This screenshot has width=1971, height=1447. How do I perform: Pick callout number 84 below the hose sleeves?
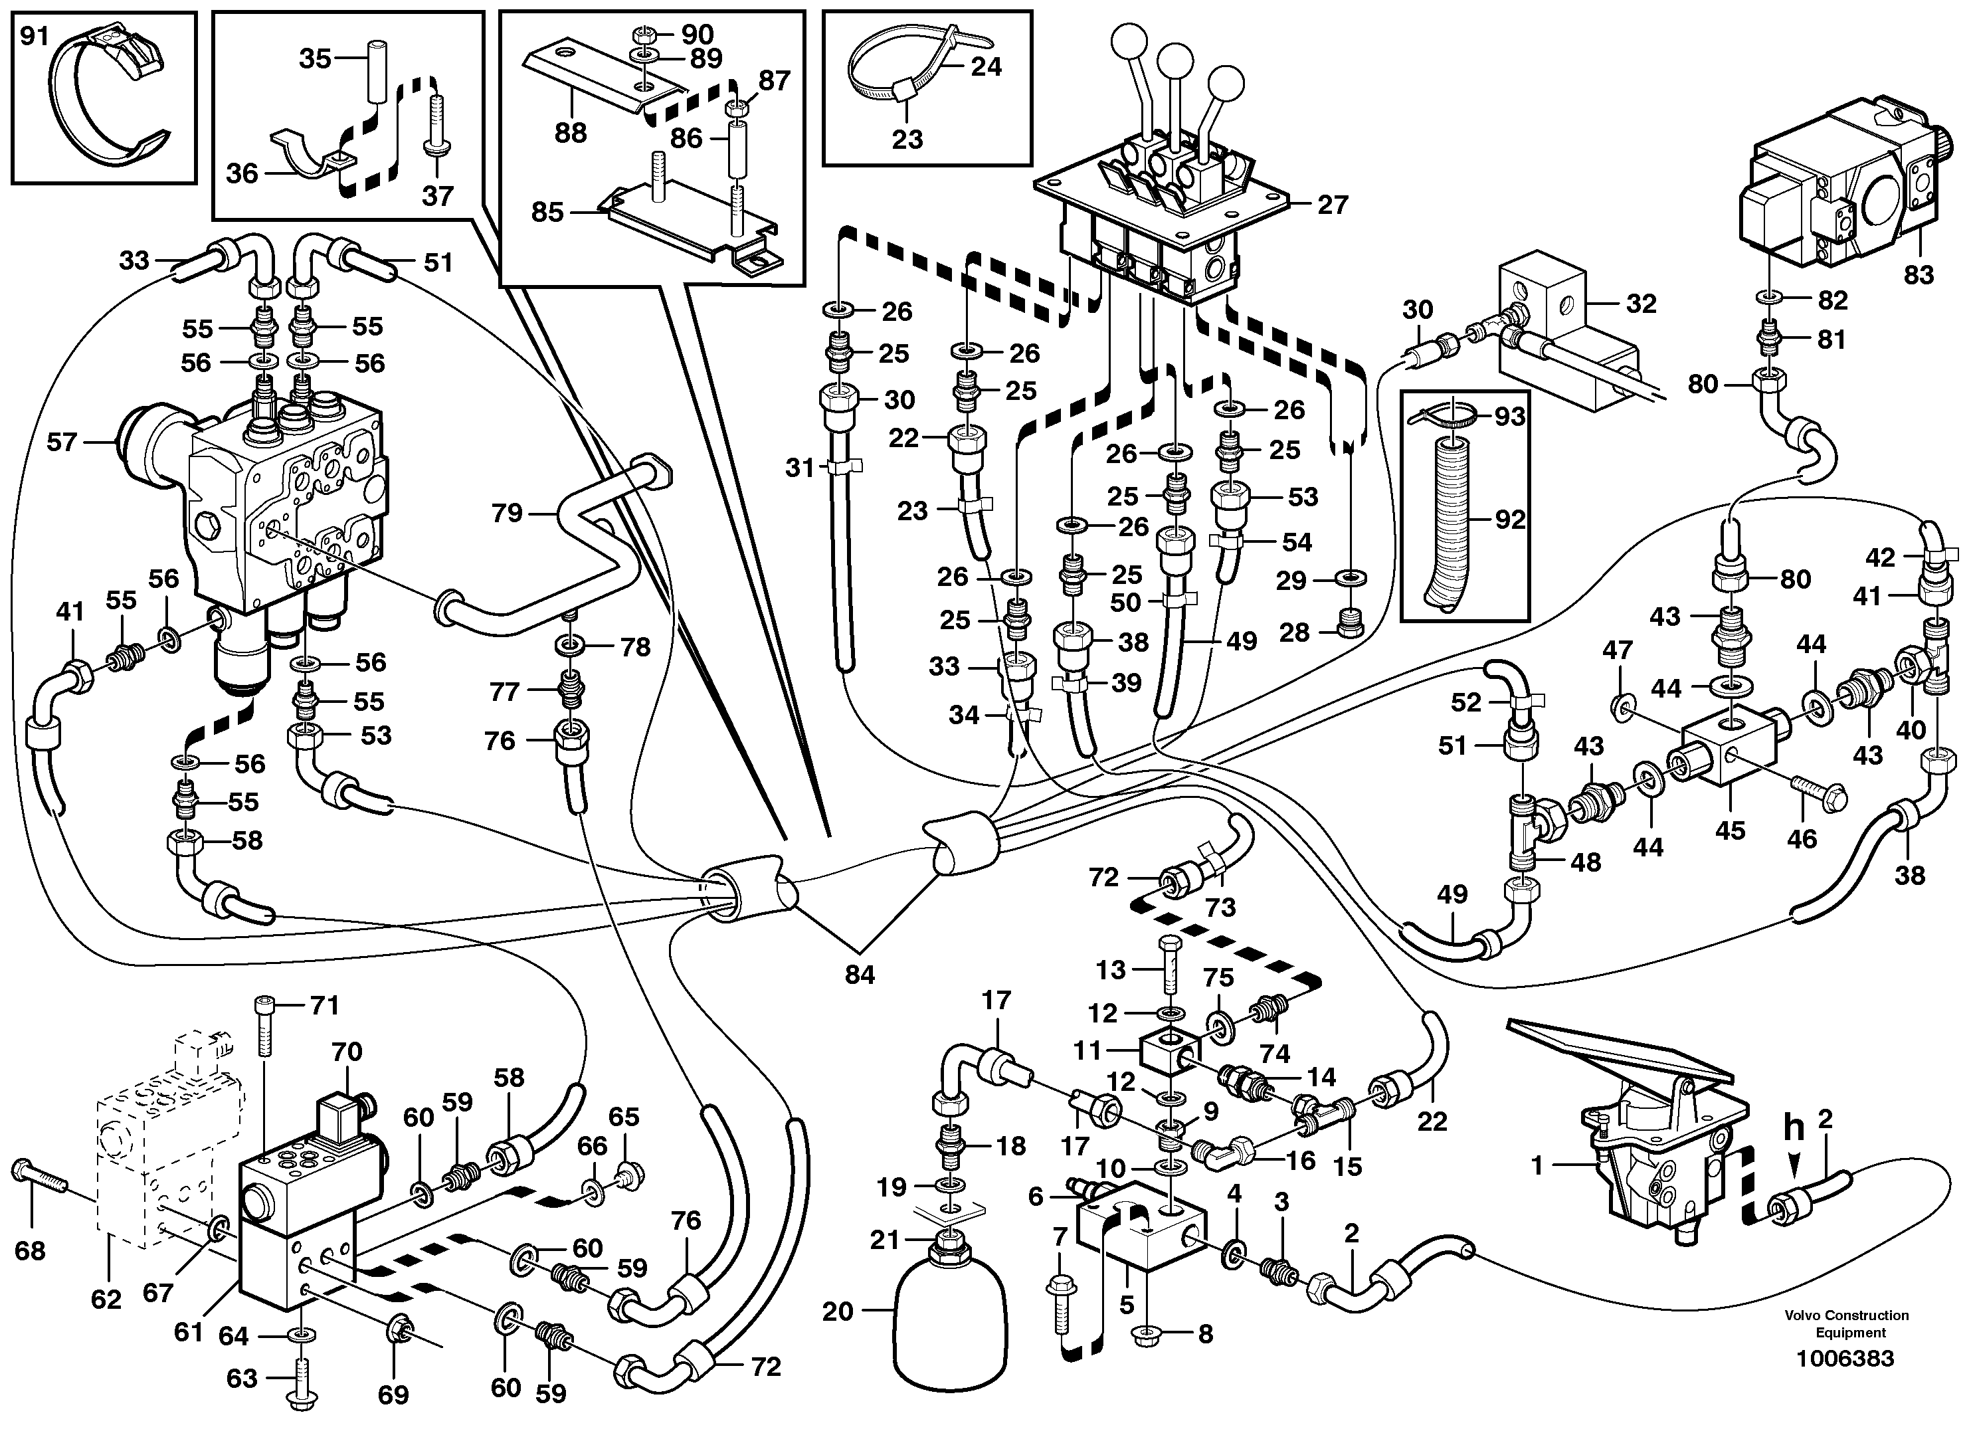[x=859, y=974]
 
